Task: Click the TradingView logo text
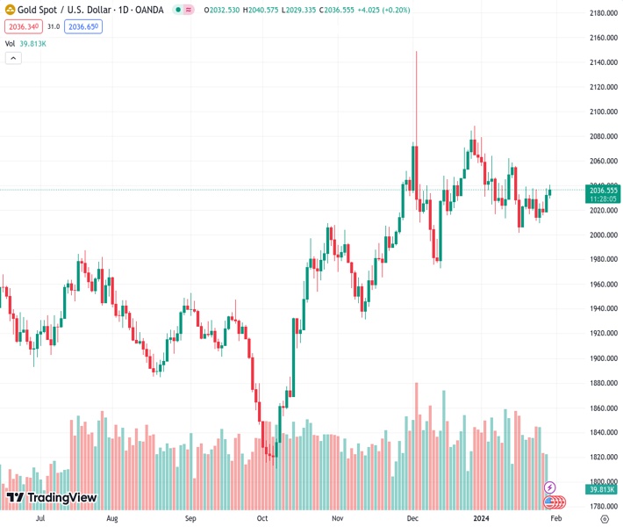click(x=61, y=498)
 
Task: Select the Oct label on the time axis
click(x=262, y=519)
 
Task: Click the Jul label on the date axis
click(x=40, y=519)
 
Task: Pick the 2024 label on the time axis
click(x=480, y=519)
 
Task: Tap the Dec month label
click(x=412, y=519)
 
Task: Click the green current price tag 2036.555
click(x=604, y=190)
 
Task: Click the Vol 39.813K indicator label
click(x=25, y=43)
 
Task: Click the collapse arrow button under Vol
click(x=13, y=58)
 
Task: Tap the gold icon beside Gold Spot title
click(x=10, y=10)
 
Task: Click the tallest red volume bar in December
click(x=416, y=422)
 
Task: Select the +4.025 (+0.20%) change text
click(x=384, y=10)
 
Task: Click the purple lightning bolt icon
click(x=550, y=487)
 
